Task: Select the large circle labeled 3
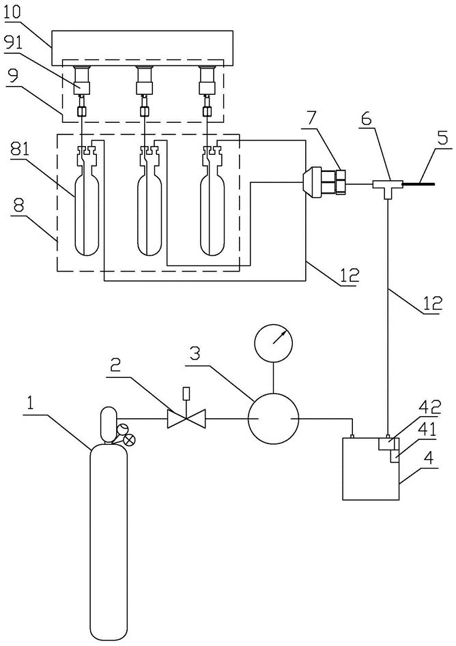click(x=272, y=417)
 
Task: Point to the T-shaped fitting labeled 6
click(x=387, y=184)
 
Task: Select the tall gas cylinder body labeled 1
click(x=109, y=539)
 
